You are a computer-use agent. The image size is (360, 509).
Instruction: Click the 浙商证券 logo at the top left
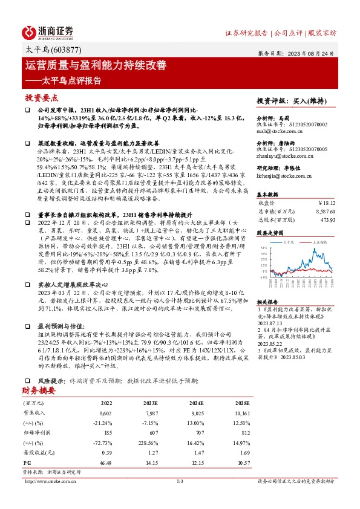pyautogui.click(x=48, y=32)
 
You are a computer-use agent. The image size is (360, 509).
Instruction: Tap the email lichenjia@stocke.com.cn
pyautogui.click(x=281, y=176)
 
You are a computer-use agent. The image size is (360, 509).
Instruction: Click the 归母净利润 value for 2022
pyautogui.click(x=108, y=433)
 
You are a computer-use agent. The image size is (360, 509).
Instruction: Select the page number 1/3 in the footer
pyautogui.click(x=180, y=481)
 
